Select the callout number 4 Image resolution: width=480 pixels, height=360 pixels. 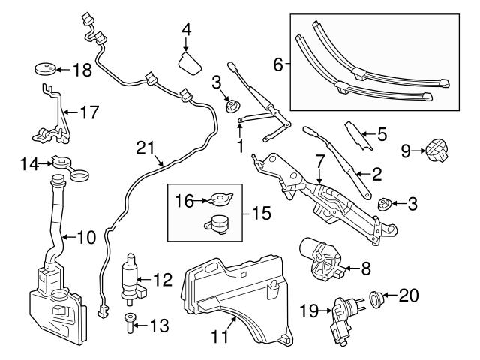pyautogui.click(x=187, y=30)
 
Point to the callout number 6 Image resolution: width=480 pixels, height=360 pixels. pyautogui.click(x=277, y=65)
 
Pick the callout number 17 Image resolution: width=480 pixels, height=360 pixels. pyautogui.click(x=88, y=114)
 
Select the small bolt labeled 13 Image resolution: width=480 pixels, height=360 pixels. pyautogui.click(x=131, y=322)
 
